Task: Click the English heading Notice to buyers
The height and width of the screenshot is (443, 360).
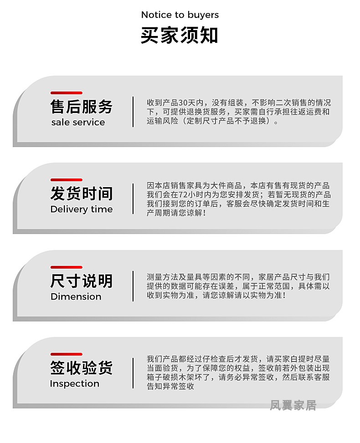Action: point(180,15)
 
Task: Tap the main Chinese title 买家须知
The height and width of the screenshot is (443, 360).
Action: point(180,36)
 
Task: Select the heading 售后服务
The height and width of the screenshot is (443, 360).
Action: point(81,107)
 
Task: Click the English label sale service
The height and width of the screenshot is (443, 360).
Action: point(78,122)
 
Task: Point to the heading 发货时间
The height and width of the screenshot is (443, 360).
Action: point(81,194)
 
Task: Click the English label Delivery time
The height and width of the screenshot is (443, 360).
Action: point(81,209)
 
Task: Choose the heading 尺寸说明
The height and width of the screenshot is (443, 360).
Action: point(81,281)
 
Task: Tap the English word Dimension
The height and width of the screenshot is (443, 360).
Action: point(76,297)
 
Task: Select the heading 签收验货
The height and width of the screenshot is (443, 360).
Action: point(81,368)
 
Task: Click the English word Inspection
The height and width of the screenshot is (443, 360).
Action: point(74,384)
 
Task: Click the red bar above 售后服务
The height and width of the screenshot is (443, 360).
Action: point(66,93)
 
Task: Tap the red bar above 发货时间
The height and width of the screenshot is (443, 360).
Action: point(66,180)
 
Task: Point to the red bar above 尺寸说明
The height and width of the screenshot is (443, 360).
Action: point(66,267)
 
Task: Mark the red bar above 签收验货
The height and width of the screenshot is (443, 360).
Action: point(66,354)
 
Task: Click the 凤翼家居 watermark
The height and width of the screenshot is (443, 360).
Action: point(293,405)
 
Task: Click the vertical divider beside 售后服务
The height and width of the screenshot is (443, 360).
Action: point(133,112)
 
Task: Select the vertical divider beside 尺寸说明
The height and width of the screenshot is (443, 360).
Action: point(133,286)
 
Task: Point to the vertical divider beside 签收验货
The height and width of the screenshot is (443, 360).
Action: point(133,373)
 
